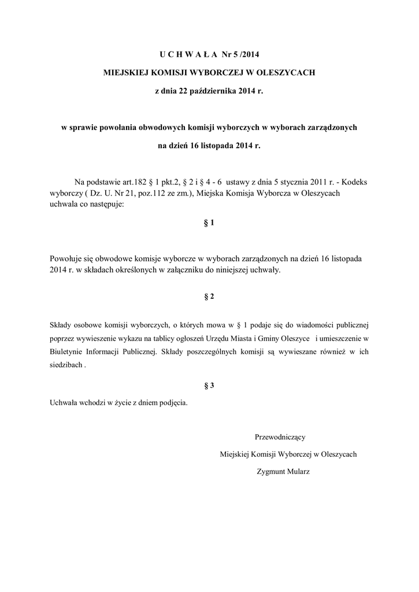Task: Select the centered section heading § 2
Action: coord(209,297)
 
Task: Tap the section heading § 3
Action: coord(209,385)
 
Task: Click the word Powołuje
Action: coord(68,259)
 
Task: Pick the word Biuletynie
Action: coord(68,351)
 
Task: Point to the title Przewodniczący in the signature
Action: coord(283,436)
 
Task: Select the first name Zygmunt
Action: coord(271,471)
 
